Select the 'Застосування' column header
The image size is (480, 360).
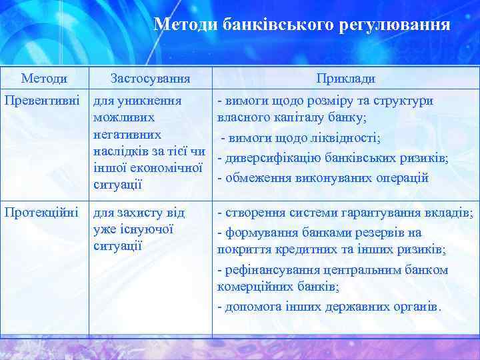click(x=150, y=79)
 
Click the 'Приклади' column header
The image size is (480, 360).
click(x=345, y=79)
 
